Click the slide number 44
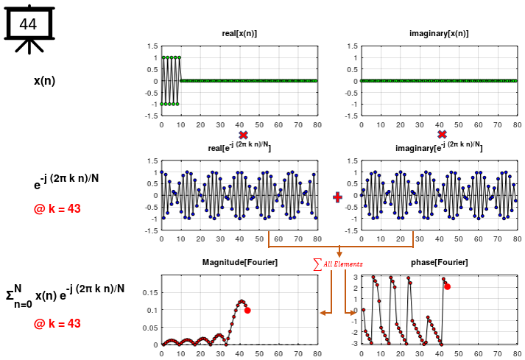click(x=27, y=24)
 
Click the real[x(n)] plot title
click(x=239, y=34)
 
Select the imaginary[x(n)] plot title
click(x=439, y=34)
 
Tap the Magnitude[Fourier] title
click(x=239, y=263)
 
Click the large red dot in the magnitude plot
click(x=247, y=311)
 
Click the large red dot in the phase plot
click(x=447, y=286)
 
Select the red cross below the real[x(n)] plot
click(x=243, y=135)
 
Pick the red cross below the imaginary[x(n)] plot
click(x=442, y=135)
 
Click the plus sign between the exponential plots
click(x=338, y=197)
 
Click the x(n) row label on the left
click(x=44, y=80)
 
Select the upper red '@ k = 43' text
click(x=57, y=209)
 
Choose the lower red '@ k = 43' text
click(x=57, y=323)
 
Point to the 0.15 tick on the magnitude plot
click(x=149, y=292)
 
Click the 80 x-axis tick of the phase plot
click(x=515, y=353)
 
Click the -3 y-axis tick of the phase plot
click(x=354, y=343)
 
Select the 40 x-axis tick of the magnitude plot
click(x=239, y=353)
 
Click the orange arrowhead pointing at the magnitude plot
click(x=323, y=313)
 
